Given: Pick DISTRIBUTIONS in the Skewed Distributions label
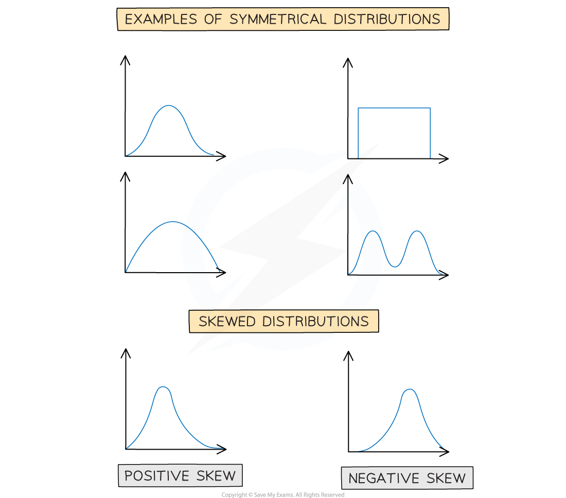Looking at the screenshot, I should pyautogui.click(x=315, y=322).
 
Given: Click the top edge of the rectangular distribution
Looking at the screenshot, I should pyautogui.click(x=394, y=108).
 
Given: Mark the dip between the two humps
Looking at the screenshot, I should pyautogui.click(x=395, y=266).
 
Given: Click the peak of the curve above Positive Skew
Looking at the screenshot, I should pyautogui.click(x=163, y=387).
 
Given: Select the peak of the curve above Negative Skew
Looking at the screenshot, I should pyautogui.click(x=409, y=389).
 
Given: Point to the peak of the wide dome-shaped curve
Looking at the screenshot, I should pyautogui.click(x=172, y=222).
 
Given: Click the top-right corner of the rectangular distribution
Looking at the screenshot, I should pyautogui.click(x=430, y=108).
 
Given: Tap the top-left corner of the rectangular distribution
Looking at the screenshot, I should pyautogui.click(x=358, y=108).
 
